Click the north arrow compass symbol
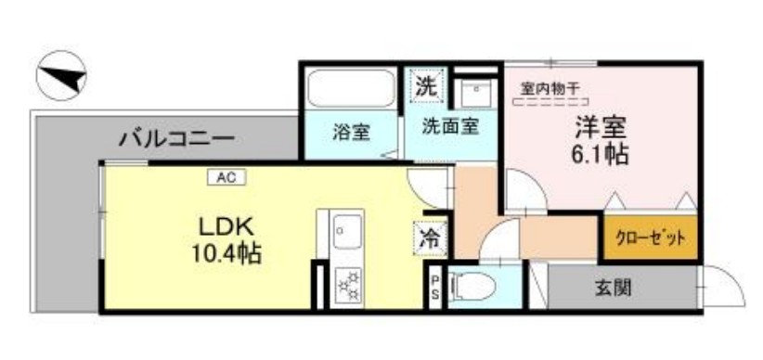tap(61, 77)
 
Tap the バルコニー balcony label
tap(175, 141)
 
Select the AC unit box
tap(225, 176)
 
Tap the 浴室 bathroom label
tap(352, 132)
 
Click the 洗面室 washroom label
tap(450, 126)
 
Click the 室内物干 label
tap(550, 89)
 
